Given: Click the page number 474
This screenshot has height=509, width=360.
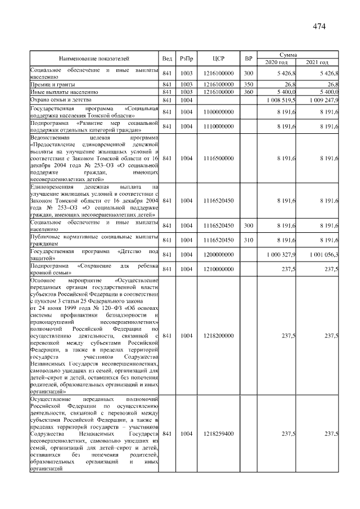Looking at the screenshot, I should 320,26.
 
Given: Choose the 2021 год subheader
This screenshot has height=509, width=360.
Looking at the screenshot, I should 318,62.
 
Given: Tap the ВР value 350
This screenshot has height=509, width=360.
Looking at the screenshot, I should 248,84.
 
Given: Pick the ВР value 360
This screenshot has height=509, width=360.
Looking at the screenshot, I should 248,91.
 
